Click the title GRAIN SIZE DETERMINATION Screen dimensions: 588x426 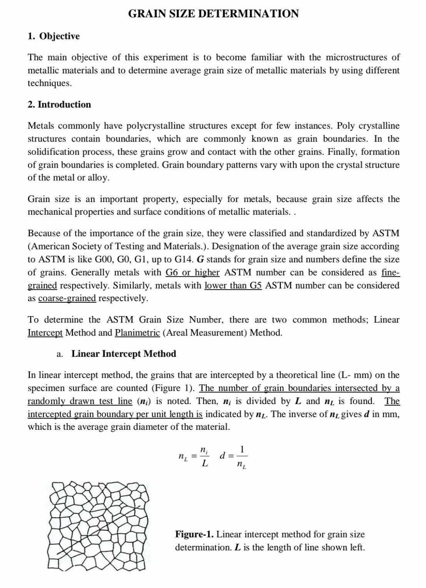[213, 14]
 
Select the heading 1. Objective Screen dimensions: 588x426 [54, 36]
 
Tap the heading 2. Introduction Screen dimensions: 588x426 [59, 105]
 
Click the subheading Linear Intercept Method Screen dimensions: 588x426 [123, 354]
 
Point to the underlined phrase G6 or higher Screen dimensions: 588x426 [192, 273]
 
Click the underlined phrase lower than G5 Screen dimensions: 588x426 [233, 286]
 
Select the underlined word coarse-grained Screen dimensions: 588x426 [67, 298]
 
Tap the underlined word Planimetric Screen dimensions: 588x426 [137, 333]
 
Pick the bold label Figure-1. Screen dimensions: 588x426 [194, 535]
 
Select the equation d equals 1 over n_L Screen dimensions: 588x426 [234, 457]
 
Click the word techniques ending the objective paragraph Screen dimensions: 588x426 [50, 83]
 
